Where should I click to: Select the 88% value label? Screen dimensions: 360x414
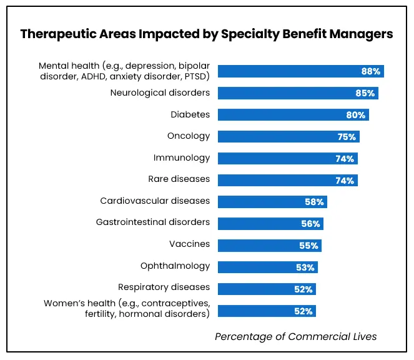click(370, 71)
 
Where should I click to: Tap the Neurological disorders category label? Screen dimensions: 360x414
click(160, 93)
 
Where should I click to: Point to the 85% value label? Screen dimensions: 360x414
click(365, 93)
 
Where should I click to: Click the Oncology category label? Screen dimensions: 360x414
click(189, 136)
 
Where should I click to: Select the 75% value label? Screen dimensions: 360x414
click(347, 137)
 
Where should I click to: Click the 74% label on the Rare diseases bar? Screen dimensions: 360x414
click(345, 180)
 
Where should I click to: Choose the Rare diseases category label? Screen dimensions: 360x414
click(179, 179)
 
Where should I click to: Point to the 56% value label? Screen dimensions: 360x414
click(311, 223)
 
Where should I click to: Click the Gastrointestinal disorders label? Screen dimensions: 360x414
click(152, 222)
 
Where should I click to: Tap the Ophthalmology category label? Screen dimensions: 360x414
click(175, 266)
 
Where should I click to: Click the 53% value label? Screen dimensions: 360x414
click(305, 267)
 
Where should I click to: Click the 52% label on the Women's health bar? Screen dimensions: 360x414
click(303, 311)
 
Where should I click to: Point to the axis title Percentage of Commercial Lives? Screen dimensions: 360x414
click(295, 336)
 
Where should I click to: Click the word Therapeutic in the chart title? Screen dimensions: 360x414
click(54, 34)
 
